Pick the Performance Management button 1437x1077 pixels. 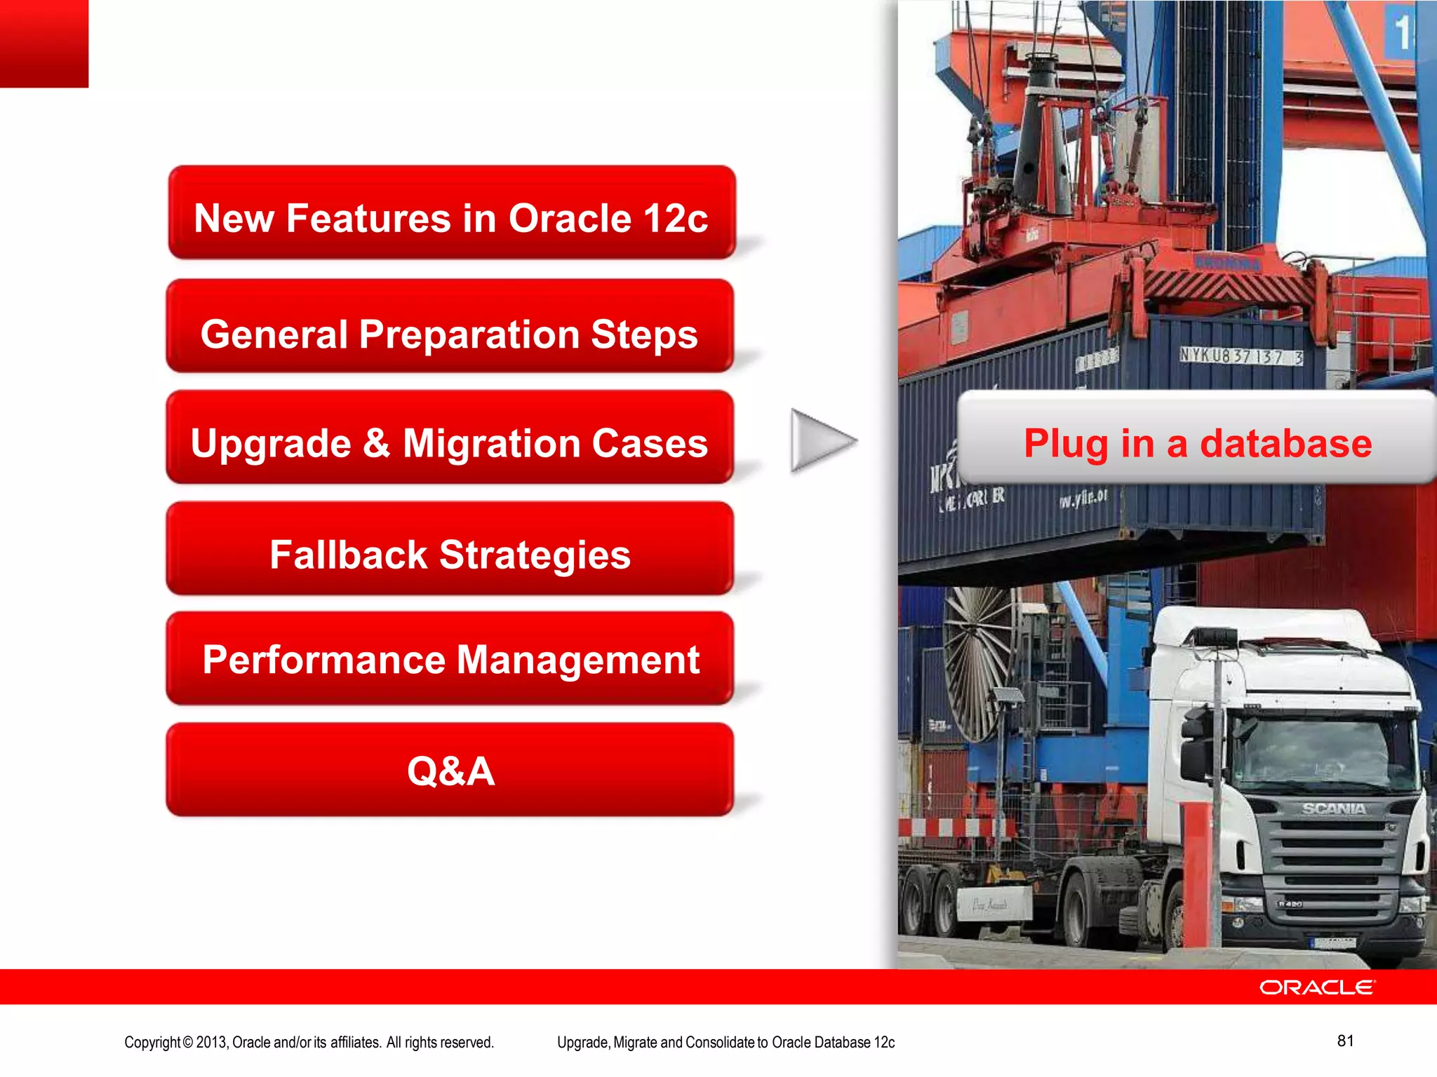[x=450, y=660]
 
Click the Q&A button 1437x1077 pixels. [x=450, y=771]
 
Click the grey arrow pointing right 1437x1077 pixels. [x=821, y=441]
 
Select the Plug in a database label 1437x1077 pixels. [x=1197, y=442]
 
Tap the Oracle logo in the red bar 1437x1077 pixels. [x=1317, y=987]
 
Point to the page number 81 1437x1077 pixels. [x=1345, y=1041]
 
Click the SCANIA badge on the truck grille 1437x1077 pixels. [x=1334, y=808]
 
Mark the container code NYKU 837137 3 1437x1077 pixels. [x=1241, y=356]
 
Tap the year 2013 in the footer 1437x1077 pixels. [x=211, y=1043]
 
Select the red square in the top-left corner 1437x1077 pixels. [x=44, y=43]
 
